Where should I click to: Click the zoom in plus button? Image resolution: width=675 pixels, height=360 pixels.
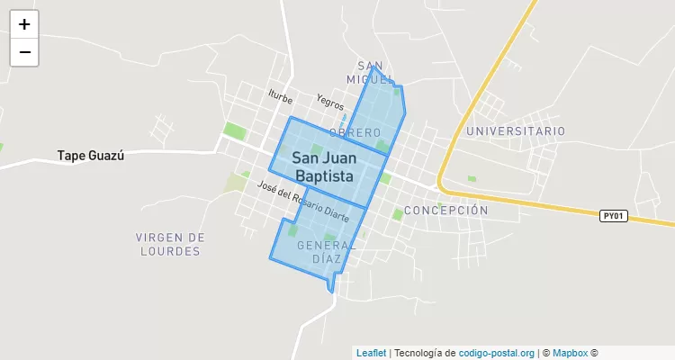[24, 24]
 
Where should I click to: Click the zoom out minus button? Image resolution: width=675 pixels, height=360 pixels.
[24, 52]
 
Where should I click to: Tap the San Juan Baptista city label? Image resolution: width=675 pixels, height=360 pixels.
[322, 167]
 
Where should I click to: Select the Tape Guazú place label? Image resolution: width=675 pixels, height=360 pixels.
[90, 155]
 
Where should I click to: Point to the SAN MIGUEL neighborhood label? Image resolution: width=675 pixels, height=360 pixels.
[371, 73]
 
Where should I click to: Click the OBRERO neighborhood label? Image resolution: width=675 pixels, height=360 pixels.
[355, 133]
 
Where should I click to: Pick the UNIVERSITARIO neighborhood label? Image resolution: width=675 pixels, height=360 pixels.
[516, 131]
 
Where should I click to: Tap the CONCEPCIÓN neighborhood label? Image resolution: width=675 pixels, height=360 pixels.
[445, 211]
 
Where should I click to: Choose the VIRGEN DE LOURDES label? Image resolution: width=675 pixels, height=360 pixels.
[170, 244]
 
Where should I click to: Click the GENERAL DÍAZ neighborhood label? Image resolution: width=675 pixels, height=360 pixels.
[326, 251]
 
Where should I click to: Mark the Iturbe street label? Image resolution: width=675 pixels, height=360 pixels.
[281, 94]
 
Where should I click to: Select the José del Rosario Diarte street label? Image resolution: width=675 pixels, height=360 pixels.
[302, 202]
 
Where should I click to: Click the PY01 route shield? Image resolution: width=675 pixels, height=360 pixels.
[613, 216]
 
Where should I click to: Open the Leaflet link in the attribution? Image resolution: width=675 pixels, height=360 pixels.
[371, 353]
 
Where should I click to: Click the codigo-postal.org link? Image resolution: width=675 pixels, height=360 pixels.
[497, 353]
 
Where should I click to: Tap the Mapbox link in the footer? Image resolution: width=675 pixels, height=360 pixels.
[570, 353]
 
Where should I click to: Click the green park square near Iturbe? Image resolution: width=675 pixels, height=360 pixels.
[234, 130]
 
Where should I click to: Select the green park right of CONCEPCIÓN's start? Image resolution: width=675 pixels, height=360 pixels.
[398, 215]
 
